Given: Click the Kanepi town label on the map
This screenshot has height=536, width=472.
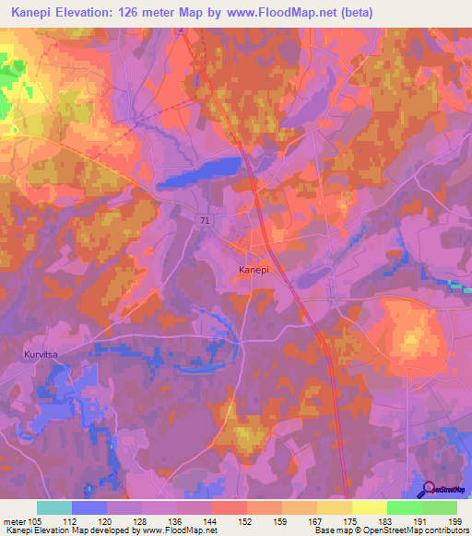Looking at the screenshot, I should (254, 270).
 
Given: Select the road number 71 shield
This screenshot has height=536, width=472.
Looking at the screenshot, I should (204, 218).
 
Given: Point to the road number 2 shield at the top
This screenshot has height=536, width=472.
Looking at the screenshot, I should (182, 30).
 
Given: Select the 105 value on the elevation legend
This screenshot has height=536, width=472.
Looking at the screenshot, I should (36, 520).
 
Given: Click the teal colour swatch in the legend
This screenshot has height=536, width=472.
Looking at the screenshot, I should (54, 507).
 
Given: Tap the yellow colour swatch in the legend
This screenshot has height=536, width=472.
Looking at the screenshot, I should (369, 507).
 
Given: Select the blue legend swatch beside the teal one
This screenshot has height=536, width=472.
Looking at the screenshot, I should (89, 507).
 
